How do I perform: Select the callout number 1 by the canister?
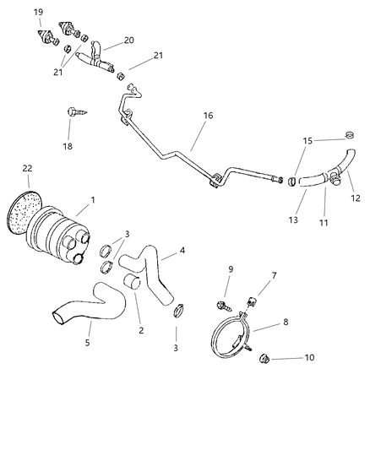point(92,201)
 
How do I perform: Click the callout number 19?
point(39,11)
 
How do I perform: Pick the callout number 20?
point(129,40)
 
